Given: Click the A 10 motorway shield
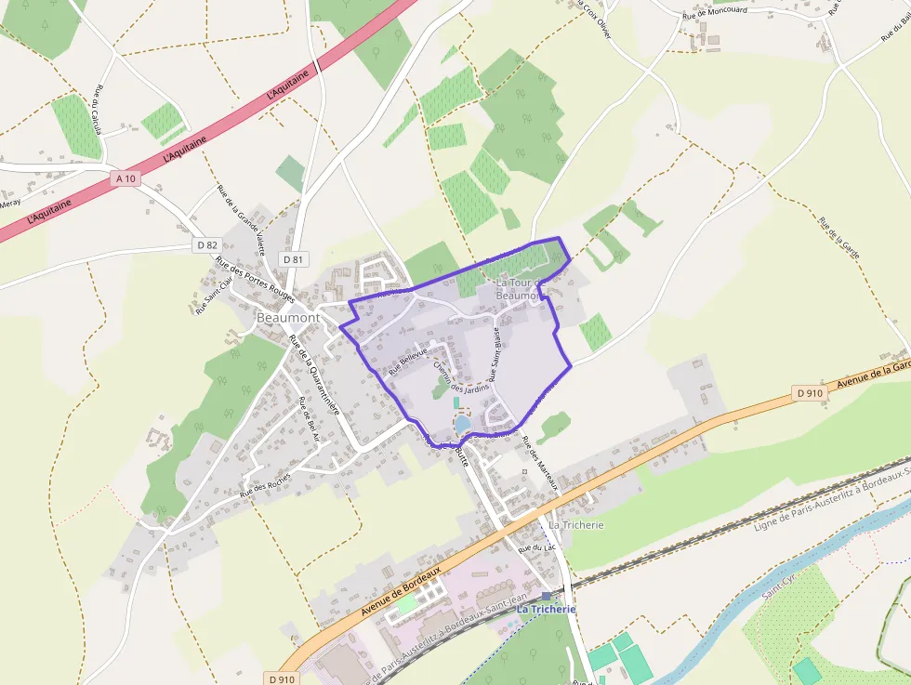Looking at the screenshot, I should pyautogui.click(x=126, y=178).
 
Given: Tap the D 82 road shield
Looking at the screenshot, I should pyautogui.click(x=206, y=244).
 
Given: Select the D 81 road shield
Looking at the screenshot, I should pyautogui.click(x=292, y=259).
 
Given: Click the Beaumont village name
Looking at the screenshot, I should pyautogui.click(x=288, y=318).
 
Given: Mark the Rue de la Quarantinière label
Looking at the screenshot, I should pyautogui.click(x=315, y=375).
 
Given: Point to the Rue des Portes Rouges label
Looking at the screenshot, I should pyautogui.click(x=255, y=279).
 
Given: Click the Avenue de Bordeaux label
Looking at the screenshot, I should pyautogui.click(x=400, y=592).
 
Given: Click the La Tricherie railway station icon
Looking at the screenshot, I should pyautogui.click(x=546, y=595).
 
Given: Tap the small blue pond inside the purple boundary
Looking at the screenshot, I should pyautogui.click(x=462, y=424).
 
